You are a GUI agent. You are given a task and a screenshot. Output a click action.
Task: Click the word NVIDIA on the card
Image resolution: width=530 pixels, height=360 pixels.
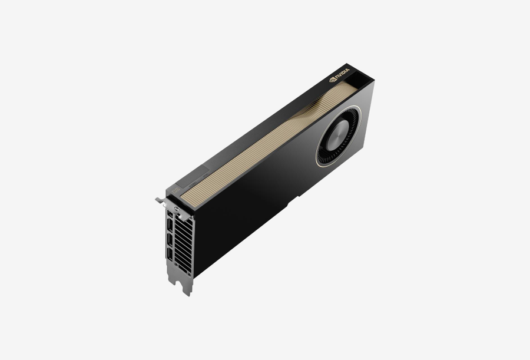pos(342,74)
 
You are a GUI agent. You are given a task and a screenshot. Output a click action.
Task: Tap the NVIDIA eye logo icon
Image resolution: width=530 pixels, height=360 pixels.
pos(332,80)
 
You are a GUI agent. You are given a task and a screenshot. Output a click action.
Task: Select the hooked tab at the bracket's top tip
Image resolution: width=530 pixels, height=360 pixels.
pos(160,200)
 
